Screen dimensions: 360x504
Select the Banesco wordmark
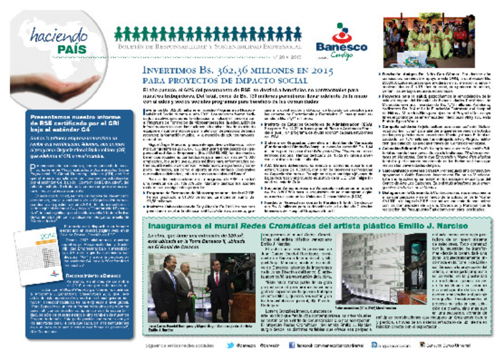click(342, 47)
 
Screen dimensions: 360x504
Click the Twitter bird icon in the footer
click(230, 346)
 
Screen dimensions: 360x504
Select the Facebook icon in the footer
click(292, 346)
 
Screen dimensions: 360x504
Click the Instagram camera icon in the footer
click(374, 346)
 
